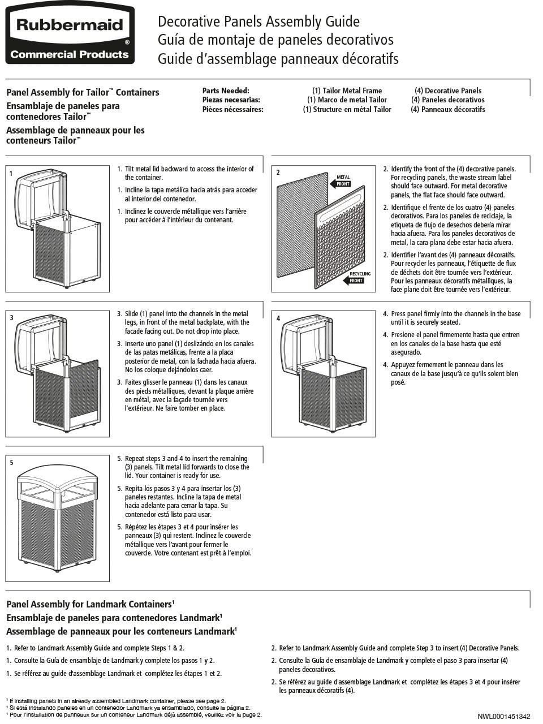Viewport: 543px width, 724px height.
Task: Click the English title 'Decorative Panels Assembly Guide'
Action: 258,21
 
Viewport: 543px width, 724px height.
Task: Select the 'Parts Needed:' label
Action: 226,90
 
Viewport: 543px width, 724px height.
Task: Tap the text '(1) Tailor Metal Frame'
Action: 347,90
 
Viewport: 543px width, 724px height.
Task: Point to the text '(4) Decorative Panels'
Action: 447,90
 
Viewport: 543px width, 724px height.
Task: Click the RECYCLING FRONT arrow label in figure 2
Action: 356,278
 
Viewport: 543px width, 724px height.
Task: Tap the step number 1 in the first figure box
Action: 11,173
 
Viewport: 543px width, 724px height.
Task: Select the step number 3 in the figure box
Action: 11,318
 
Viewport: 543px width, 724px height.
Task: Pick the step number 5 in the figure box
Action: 11,463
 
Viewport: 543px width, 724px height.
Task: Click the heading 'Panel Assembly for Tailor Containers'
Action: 83,92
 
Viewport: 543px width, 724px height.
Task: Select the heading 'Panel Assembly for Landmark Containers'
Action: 89,604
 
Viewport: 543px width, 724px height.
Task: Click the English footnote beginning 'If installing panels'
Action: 117,700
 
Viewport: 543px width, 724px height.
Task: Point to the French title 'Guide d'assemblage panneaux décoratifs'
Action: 278,59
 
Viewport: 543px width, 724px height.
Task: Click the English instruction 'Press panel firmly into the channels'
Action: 455,318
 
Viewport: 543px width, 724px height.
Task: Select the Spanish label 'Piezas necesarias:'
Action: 231,100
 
